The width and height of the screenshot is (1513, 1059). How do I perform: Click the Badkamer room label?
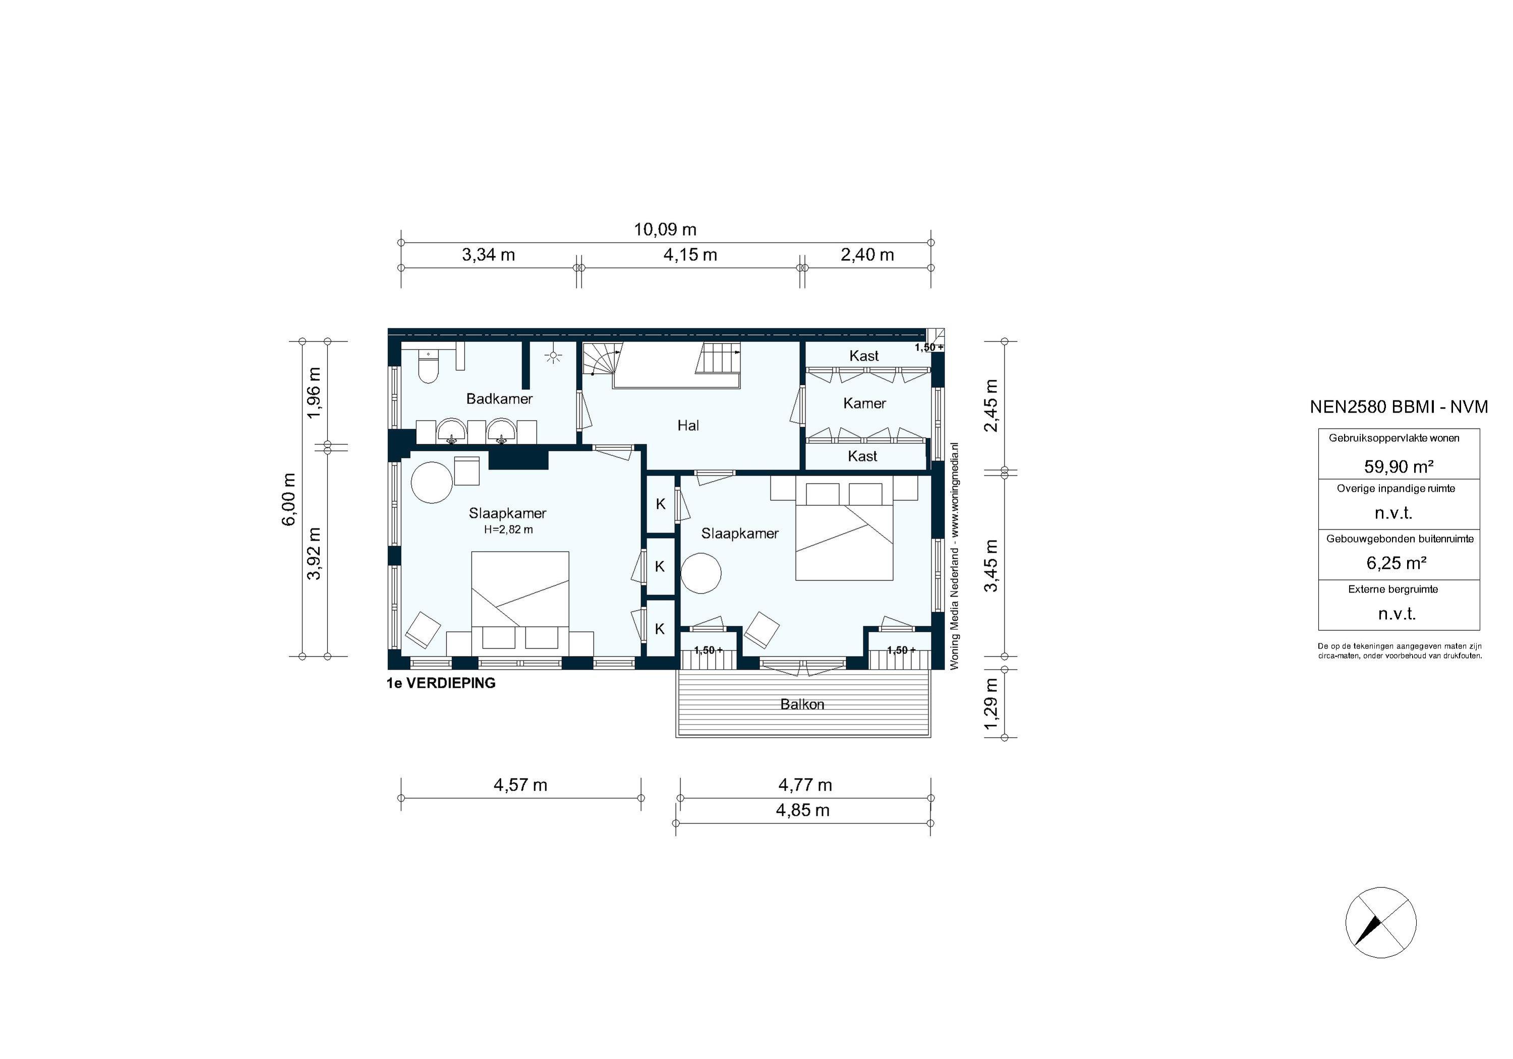coord(499,399)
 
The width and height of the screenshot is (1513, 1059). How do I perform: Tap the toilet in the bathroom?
coord(428,368)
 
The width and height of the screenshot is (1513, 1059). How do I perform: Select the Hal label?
coord(688,426)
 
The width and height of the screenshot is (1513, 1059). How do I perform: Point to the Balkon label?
coord(802,704)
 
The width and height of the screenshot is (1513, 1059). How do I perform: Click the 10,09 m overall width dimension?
coord(665,230)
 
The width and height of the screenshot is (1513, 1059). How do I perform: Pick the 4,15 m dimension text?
coord(690,255)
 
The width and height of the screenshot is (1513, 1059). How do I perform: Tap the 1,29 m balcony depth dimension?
coord(991,704)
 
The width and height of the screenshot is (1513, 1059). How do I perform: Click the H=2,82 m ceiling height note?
coord(508,529)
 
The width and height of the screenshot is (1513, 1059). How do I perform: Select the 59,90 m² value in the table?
coord(1399,466)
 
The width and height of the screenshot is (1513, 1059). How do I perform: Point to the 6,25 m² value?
coord(1396,563)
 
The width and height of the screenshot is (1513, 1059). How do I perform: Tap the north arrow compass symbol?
coord(1380,922)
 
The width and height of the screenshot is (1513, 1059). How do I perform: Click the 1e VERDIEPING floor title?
coord(441,683)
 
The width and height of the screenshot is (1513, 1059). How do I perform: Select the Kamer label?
coord(864,403)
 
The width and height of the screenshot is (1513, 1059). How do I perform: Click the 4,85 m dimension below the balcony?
coord(802,810)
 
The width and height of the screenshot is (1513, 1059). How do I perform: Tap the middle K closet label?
coord(660,567)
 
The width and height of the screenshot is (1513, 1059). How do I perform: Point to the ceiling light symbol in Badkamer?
coord(553,357)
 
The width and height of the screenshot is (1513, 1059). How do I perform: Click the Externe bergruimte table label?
coord(1392,589)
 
